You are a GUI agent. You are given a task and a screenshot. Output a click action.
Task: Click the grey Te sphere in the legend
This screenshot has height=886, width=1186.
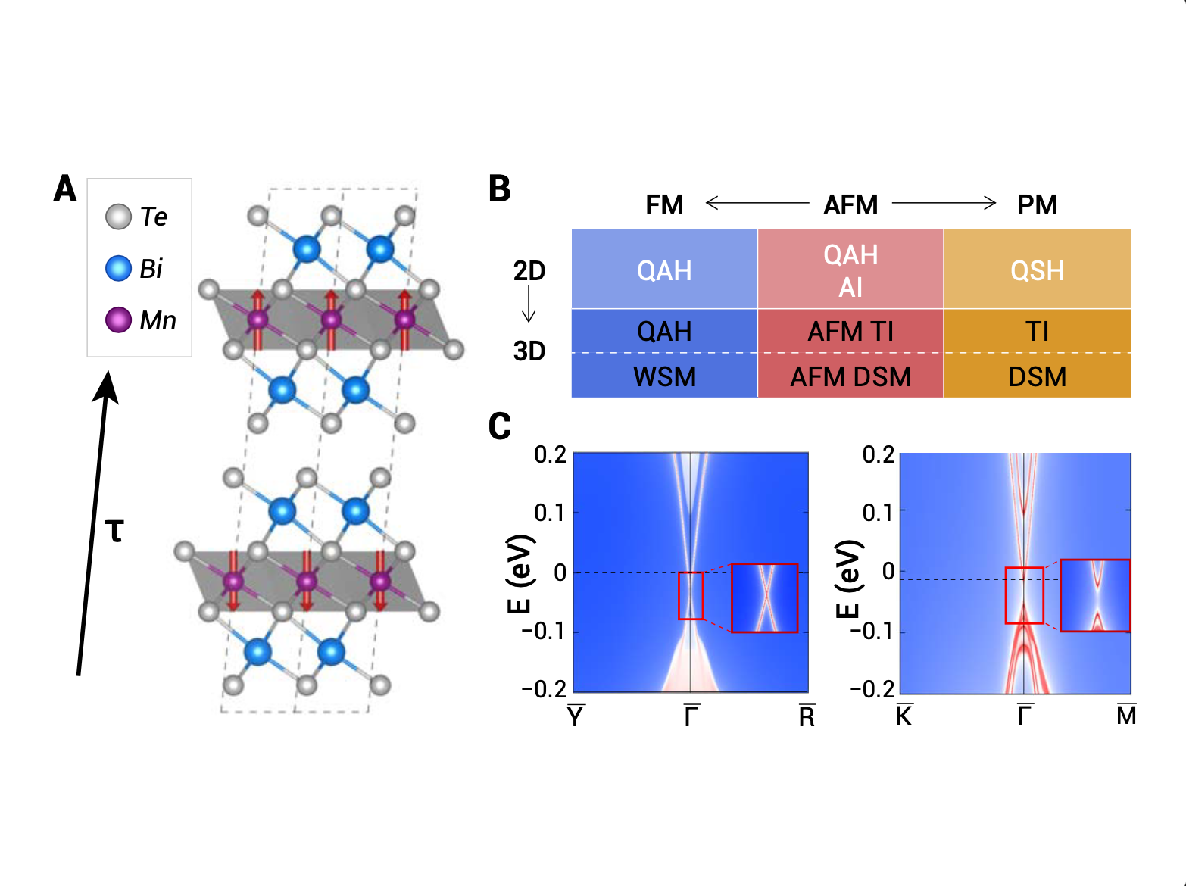(118, 217)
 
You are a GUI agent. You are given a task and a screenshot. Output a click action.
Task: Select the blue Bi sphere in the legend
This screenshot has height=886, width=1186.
(118, 269)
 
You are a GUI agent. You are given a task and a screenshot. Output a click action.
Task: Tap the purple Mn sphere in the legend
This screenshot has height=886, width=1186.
(118, 320)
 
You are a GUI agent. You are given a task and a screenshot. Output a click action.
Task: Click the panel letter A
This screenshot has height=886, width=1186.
(65, 189)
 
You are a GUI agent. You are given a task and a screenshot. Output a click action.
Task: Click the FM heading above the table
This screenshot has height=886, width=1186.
(664, 204)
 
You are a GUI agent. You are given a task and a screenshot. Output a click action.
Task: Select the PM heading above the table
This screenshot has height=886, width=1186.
(1037, 204)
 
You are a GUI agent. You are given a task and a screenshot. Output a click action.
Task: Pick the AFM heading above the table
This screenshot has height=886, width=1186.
(850, 204)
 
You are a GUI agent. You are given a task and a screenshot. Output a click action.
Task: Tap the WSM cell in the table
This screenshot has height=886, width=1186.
(665, 376)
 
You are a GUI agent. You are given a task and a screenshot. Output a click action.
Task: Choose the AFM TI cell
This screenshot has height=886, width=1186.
(850, 331)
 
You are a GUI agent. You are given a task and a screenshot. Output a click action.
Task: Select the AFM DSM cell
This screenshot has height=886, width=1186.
(850, 376)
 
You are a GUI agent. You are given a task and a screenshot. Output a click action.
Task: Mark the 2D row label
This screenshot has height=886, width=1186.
(529, 270)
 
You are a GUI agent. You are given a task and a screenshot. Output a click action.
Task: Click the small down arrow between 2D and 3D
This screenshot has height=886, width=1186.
(529, 303)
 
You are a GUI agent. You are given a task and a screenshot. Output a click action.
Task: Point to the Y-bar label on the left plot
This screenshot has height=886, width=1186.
(576, 716)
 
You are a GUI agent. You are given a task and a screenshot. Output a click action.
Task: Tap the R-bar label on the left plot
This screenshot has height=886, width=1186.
(807, 716)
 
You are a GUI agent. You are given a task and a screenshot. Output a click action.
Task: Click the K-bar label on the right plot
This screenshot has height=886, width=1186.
(904, 715)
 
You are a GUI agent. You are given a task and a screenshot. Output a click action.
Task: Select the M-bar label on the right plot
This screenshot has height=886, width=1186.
(1127, 715)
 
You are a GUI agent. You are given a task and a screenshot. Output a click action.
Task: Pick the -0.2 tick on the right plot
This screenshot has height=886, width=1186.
(872, 689)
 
